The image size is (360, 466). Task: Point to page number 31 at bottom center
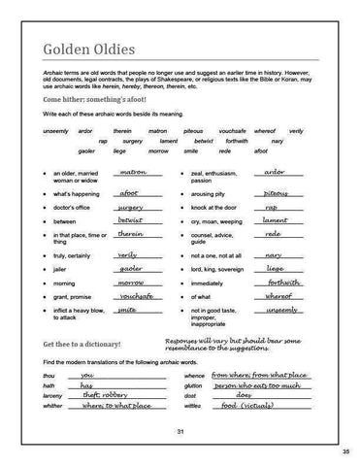(x=180, y=430)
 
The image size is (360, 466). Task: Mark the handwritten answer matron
(x=130, y=172)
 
